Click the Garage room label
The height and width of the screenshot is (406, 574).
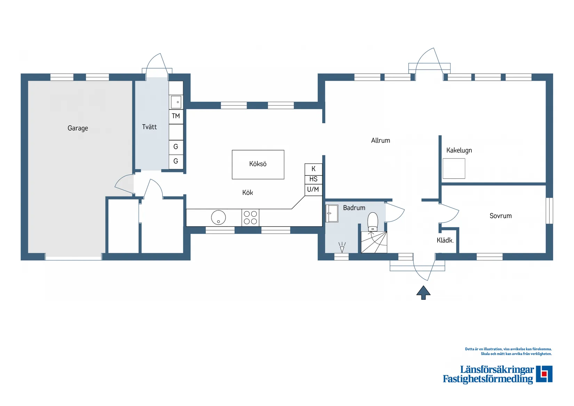(x=78, y=128)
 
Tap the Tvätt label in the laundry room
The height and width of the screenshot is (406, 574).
(x=149, y=127)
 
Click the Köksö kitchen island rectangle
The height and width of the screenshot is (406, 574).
(x=258, y=164)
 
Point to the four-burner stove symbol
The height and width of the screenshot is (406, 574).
(x=250, y=218)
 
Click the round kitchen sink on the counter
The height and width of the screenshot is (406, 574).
(x=218, y=218)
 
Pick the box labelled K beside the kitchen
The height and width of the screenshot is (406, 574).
(x=313, y=169)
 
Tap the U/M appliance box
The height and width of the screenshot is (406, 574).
(x=313, y=190)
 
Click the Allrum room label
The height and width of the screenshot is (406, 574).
(x=381, y=141)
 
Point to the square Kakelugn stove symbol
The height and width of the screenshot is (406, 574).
(x=454, y=169)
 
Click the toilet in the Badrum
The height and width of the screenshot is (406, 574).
(x=373, y=222)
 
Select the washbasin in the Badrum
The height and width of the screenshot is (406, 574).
(x=332, y=213)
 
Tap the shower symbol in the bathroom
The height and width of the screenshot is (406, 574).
(x=342, y=247)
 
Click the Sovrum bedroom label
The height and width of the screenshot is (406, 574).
(x=501, y=216)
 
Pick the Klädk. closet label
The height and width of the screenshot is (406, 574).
(x=445, y=241)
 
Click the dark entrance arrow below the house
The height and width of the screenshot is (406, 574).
(x=423, y=292)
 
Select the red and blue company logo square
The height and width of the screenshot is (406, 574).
(x=544, y=374)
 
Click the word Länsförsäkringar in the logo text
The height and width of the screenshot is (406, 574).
(x=497, y=370)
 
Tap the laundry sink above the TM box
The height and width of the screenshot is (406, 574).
(x=176, y=102)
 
